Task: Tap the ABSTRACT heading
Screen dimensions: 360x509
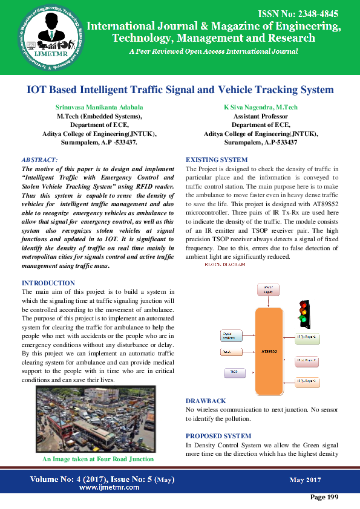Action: [39, 160]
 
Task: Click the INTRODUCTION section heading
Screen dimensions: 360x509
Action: [48, 283]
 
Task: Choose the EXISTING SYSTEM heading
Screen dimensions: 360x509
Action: [216, 160]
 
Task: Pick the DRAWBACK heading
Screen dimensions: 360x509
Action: [206, 401]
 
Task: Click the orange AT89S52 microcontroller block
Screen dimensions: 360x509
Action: [269, 350]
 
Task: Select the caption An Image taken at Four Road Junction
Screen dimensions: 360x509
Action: [95, 460]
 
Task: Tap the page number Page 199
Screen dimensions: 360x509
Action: [324, 497]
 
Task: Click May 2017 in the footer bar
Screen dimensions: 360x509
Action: [305, 480]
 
